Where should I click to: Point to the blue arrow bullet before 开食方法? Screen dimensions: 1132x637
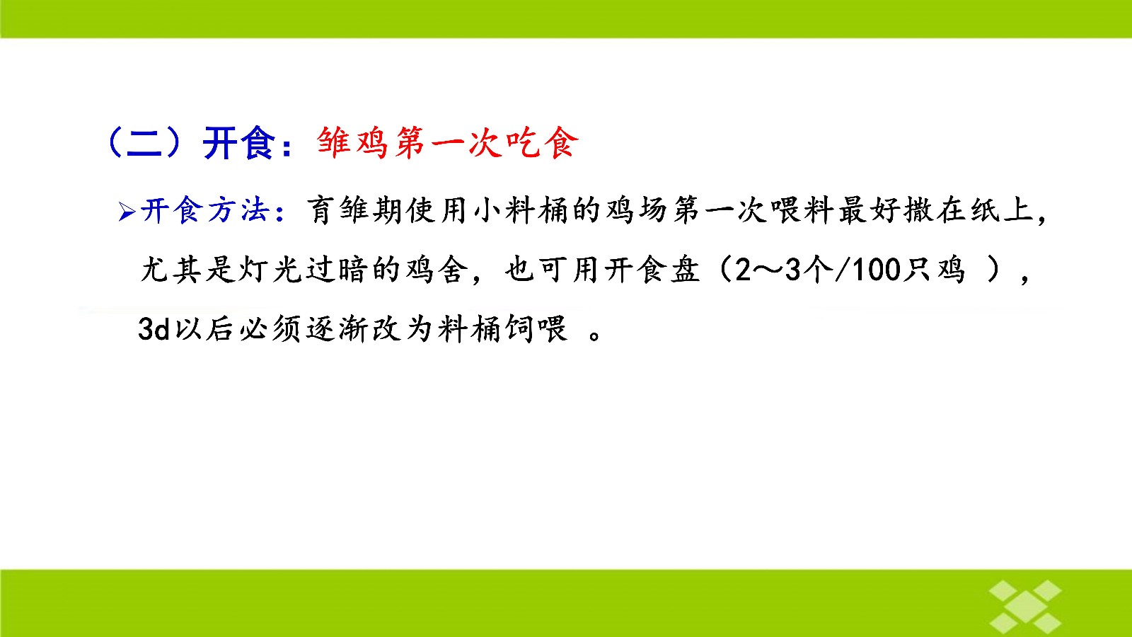[127, 212]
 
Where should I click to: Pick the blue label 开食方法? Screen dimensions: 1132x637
[204, 210]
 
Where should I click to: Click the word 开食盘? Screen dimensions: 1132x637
[652, 270]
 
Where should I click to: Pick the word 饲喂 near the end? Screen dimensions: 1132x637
[536, 329]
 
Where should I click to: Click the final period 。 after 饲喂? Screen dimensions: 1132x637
[595, 335]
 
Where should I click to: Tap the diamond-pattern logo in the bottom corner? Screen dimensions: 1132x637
[1025, 607]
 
